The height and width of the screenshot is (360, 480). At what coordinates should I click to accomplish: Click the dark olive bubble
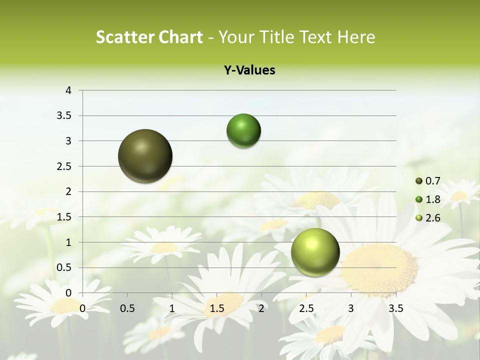pyautogui.click(x=145, y=156)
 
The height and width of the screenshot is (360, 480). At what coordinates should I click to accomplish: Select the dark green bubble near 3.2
pyautogui.click(x=243, y=131)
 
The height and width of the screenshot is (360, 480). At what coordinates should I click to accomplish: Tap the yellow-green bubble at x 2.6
pyautogui.click(x=315, y=252)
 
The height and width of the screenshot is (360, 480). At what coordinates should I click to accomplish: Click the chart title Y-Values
pyautogui.click(x=249, y=70)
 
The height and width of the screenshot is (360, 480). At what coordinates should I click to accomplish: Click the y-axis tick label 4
pyautogui.click(x=69, y=90)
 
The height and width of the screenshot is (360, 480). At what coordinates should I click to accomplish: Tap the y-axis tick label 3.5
pyautogui.click(x=65, y=116)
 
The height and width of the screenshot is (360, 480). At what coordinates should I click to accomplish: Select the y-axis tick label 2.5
pyautogui.click(x=65, y=166)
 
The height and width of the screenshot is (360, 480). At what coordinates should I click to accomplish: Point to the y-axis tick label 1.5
pyautogui.click(x=65, y=217)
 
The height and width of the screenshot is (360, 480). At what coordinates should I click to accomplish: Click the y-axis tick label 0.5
pyautogui.click(x=65, y=267)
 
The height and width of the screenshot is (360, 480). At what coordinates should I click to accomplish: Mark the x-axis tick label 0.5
pyautogui.click(x=127, y=308)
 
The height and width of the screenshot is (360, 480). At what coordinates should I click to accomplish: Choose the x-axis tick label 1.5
pyautogui.click(x=217, y=308)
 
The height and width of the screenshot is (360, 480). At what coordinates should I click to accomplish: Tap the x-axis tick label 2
pyautogui.click(x=261, y=308)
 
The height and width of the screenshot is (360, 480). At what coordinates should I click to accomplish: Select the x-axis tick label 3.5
pyautogui.click(x=395, y=308)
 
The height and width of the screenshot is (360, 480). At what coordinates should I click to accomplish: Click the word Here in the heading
pyautogui.click(x=356, y=37)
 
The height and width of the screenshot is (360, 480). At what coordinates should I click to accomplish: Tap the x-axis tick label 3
pyautogui.click(x=351, y=308)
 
